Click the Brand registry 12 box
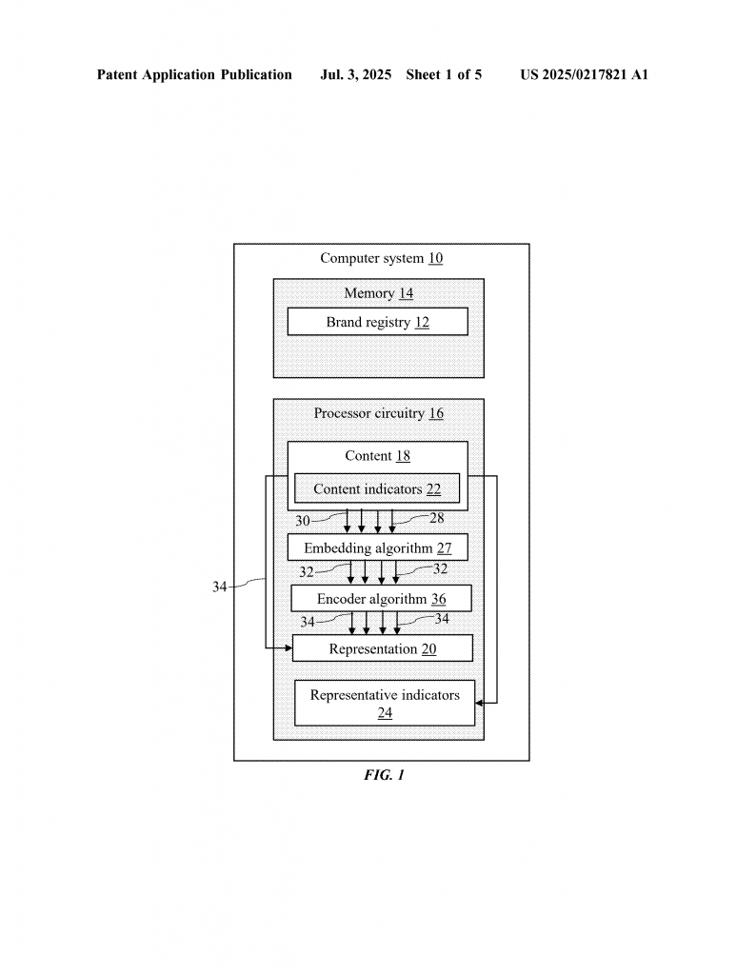[x=377, y=322]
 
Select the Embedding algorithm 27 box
[x=377, y=547]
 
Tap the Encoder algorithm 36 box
[x=381, y=598]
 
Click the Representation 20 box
[x=383, y=647]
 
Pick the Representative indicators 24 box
[x=385, y=704]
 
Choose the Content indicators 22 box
[x=377, y=488]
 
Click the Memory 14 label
[x=379, y=293]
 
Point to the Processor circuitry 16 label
[x=379, y=413]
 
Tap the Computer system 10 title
[x=382, y=258]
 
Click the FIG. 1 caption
[x=385, y=775]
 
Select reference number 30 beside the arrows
[x=303, y=521]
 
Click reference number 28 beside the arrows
[x=437, y=517]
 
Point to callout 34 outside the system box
[x=219, y=587]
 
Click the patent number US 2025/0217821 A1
[x=585, y=74]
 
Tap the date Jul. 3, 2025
[x=355, y=74]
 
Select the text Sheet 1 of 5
[x=444, y=74]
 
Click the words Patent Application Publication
[x=194, y=74]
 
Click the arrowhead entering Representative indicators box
[x=479, y=703]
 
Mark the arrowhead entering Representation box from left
[x=288, y=647]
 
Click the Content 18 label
[x=377, y=456]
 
